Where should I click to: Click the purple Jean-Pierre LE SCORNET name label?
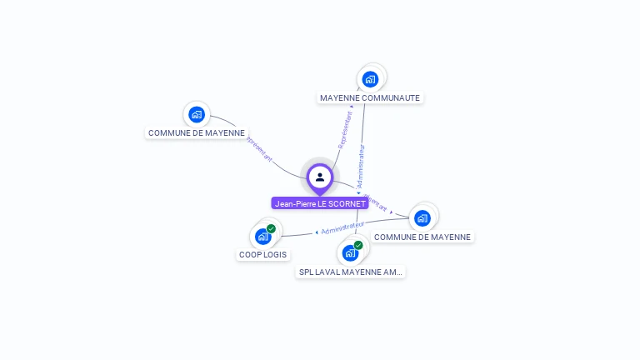click(x=320, y=203)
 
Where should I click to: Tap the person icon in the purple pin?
click(x=320, y=177)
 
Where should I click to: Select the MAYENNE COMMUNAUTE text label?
click(x=370, y=98)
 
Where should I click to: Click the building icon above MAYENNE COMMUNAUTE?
click(x=370, y=79)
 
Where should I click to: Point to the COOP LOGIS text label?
click(x=262, y=255)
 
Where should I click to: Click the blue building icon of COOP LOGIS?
click(x=262, y=237)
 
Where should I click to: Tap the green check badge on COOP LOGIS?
click(x=271, y=228)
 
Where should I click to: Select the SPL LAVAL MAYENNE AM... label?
click(x=351, y=272)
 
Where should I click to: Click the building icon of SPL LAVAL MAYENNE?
click(x=350, y=252)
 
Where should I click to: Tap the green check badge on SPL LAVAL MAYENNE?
click(x=358, y=245)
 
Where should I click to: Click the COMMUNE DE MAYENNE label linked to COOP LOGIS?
click(x=422, y=237)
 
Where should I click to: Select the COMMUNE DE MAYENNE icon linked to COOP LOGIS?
click(x=422, y=218)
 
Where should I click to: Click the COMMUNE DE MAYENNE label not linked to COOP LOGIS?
click(x=197, y=132)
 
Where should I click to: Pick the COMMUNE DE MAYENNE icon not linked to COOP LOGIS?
click(x=197, y=114)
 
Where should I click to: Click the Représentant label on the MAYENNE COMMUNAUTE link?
click(x=344, y=130)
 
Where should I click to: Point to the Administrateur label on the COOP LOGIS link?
click(x=342, y=227)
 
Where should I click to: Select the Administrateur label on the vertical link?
click(x=361, y=166)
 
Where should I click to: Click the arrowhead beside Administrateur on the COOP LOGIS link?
click(x=317, y=232)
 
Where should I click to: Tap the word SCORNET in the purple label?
click(x=347, y=203)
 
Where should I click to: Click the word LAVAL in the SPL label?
click(x=327, y=272)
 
